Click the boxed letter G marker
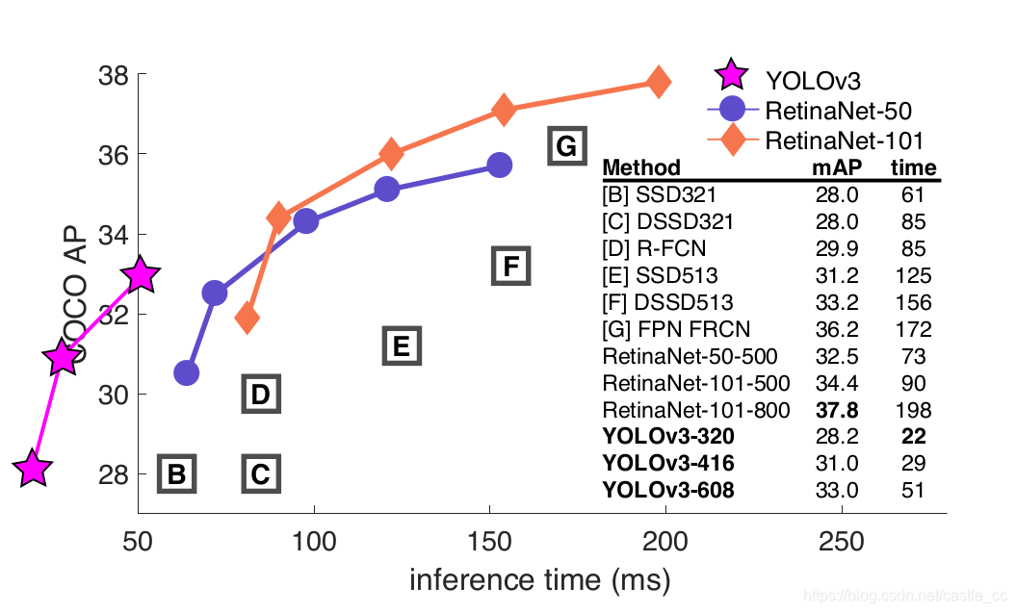click(566, 146)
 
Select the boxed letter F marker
click(511, 265)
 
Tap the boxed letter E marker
click(402, 345)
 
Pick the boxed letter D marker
click(260, 394)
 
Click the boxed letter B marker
click(177, 473)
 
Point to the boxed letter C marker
click(260, 473)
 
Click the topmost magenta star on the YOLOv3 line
click(141, 275)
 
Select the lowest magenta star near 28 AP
click(32, 470)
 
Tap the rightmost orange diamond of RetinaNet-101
click(659, 82)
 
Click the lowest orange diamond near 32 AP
click(247, 318)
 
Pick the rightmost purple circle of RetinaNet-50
click(499, 165)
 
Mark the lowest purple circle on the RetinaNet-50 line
click(187, 372)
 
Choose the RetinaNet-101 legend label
click(844, 140)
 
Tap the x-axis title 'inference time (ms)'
click(539, 579)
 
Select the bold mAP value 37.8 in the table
click(837, 410)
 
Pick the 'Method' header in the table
click(640, 168)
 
